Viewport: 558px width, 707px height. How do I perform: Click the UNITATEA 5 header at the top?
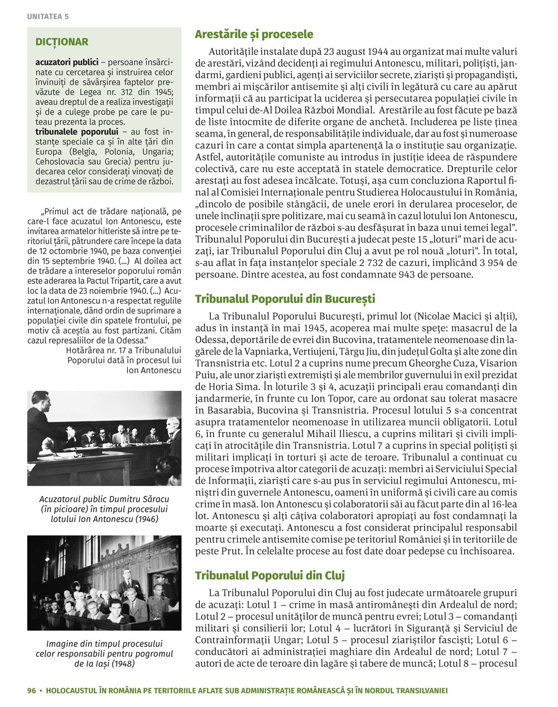click(47, 17)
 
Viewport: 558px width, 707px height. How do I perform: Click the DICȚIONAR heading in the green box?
click(61, 42)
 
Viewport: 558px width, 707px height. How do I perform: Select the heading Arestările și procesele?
click(254, 35)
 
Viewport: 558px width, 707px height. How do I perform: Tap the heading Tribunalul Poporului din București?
click(285, 299)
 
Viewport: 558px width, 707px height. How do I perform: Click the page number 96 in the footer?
click(31, 690)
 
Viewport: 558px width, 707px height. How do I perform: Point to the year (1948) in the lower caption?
click(121, 664)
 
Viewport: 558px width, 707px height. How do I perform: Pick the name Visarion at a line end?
click(497, 361)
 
